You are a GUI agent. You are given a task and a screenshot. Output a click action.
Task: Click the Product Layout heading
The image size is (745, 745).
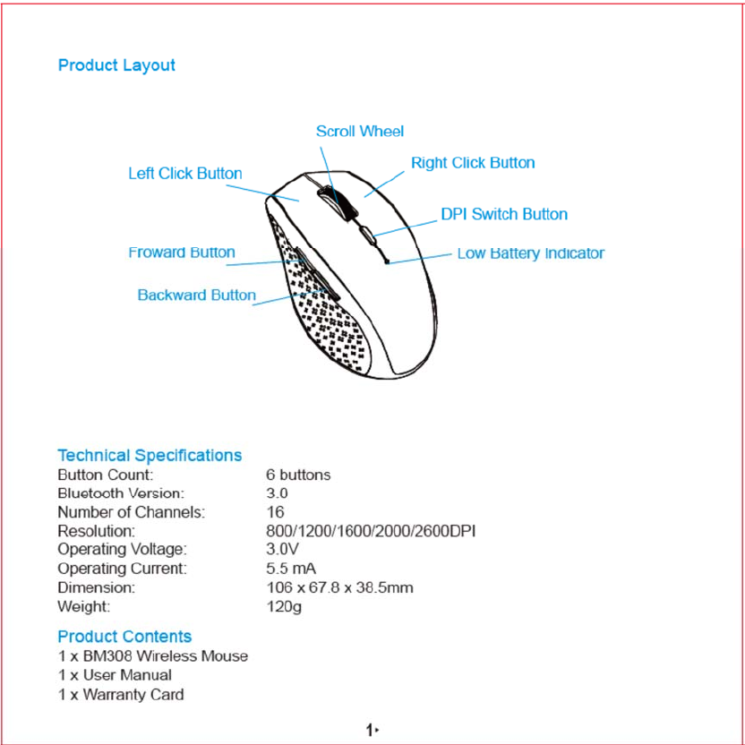coord(116,65)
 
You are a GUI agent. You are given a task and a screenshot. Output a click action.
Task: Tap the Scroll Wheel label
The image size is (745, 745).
coord(360,132)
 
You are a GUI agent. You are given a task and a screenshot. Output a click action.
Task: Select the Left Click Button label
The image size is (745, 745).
coord(184,174)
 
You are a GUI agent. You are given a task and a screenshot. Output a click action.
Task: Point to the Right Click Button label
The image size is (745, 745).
coord(473,163)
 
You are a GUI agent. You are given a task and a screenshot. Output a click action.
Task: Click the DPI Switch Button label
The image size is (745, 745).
coord(504,215)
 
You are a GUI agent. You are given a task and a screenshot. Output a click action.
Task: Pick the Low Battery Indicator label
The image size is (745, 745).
coord(531,253)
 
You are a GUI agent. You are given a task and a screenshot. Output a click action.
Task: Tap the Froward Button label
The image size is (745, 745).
coord(182,253)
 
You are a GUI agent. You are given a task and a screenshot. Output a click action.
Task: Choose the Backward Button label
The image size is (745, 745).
coord(196,295)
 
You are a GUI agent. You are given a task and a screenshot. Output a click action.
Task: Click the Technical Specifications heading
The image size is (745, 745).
coord(150,456)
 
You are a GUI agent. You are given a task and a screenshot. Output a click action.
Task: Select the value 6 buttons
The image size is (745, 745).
coord(298,475)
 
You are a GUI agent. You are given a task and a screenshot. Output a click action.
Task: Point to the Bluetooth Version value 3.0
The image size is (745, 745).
coord(277,493)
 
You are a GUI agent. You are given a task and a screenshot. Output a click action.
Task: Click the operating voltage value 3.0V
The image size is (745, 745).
coord(282,550)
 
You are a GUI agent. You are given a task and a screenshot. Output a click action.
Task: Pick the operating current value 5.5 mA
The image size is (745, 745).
coord(291,569)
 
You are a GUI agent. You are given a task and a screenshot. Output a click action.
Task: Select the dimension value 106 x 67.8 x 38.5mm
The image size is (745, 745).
coord(339,588)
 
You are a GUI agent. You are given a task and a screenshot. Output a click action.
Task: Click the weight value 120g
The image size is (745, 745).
coord(284,607)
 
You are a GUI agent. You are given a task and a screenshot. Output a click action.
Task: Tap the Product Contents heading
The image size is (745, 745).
coord(124,637)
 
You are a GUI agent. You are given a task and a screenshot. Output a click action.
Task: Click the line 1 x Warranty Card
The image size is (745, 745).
coord(121,695)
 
